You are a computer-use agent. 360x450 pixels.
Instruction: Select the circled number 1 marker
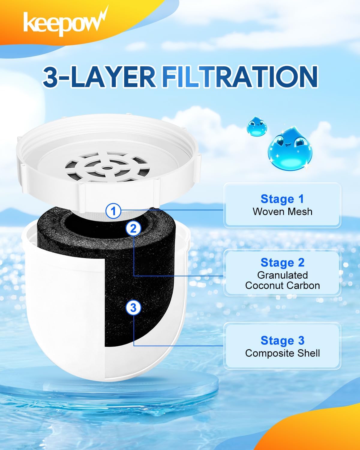click(113, 211)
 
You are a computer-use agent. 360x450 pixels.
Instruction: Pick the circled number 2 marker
click(133, 229)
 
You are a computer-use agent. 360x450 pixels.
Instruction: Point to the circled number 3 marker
click(133, 308)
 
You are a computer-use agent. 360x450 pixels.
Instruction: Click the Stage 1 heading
click(282, 199)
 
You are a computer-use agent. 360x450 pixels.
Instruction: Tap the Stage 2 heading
click(282, 262)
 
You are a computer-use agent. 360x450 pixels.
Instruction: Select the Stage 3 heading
click(282, 340)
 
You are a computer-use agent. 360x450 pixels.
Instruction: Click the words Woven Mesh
click(282, 211)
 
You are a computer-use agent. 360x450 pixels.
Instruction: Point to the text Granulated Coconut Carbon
click(282, 280)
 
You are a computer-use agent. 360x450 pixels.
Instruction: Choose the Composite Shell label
click(282, 353)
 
